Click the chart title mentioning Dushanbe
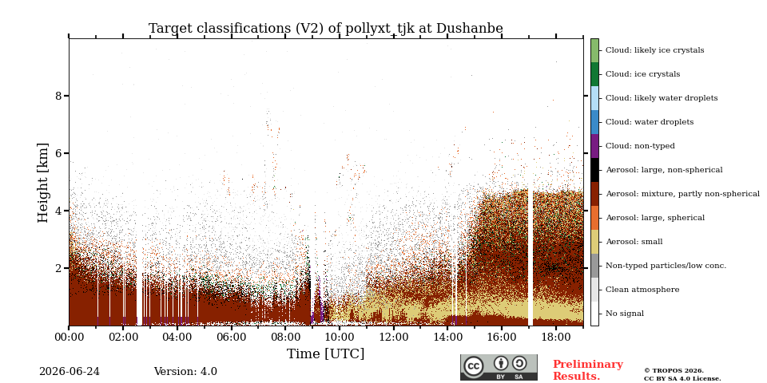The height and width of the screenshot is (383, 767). (326, 29)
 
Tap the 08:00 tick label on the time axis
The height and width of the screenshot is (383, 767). (286, 337)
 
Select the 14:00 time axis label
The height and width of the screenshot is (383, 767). (448, 337)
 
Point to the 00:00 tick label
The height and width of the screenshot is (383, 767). (69, 337)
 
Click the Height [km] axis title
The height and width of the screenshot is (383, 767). (43, 183)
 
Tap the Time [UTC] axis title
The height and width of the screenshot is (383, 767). (326, 353)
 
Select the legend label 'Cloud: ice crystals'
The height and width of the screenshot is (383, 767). (642, 74)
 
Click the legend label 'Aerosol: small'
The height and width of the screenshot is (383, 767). (634, 242)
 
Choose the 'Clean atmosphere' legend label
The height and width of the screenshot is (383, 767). (642, 290)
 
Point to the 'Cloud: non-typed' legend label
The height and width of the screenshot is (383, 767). (640, 146)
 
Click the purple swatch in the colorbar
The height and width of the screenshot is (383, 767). (594, 146)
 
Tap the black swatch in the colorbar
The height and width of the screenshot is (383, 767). (594, 170)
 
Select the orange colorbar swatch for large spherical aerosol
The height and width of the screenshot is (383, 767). (594, 218)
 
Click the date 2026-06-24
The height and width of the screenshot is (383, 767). (70, 372)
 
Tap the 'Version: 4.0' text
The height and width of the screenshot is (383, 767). (185, 372)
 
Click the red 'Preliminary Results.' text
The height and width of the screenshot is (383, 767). (588, 370)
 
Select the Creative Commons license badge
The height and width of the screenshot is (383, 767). (499, 367)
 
